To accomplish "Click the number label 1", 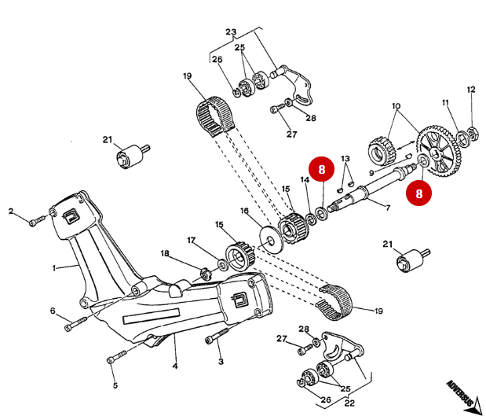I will (x=54, y=268).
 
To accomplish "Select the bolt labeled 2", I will (x=36, y=222).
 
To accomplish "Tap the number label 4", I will (x=174, y=366).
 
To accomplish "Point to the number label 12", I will (x=471, y=90).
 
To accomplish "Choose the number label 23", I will (x=231, y=32).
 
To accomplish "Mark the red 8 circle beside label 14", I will (x=320, y=169).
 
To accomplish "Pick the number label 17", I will (x=192, y=240).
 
